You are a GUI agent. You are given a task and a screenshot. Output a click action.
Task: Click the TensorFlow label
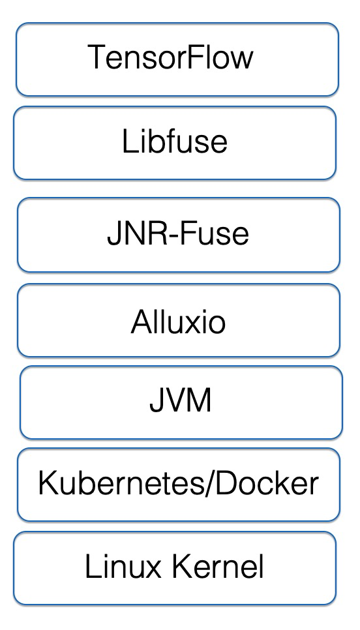pos(170,57)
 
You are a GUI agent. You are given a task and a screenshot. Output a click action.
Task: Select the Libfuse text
pos(175,141)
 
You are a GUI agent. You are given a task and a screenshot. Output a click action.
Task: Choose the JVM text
pos(181,400)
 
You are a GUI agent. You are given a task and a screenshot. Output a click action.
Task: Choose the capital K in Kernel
pos(182,566)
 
